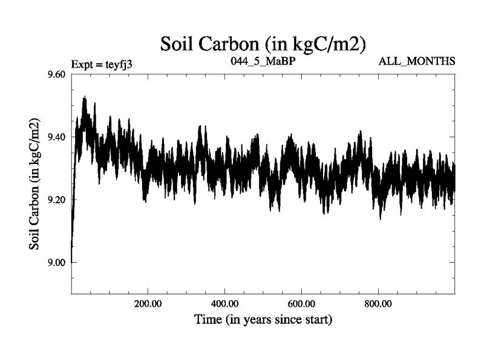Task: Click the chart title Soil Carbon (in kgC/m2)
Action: [263, 44]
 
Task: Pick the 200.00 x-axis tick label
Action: [148, 302]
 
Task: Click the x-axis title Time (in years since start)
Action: [263, 319]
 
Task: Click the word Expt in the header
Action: [83, 62]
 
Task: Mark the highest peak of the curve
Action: [84, 97]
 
